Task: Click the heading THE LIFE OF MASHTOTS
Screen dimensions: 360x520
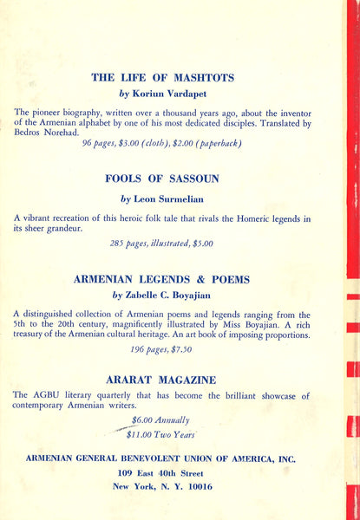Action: pos(162,77)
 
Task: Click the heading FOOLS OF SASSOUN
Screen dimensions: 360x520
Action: pos(162,179)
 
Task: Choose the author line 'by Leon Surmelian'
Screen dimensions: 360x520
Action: pos(162,198)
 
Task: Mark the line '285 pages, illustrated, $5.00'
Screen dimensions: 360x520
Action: pos(161,244)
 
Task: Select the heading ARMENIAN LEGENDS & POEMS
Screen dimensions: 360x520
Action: pos(162,279)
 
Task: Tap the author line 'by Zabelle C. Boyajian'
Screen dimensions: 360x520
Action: pos(162,296)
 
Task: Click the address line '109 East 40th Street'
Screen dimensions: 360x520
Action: pos(162,473)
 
